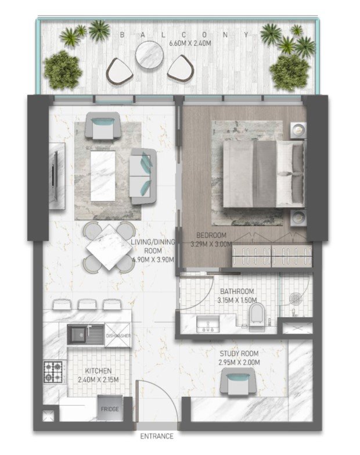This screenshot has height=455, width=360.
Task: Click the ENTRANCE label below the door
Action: [157, 436]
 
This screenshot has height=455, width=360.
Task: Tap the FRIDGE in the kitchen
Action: [110, 408]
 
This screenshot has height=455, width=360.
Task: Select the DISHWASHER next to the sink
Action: [118, 336]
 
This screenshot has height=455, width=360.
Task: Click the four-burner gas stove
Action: [53, 372]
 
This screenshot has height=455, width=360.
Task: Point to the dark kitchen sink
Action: [86, 335]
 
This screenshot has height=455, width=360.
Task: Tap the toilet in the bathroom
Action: [257, 317]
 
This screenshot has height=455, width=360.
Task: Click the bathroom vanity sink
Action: [208, 324]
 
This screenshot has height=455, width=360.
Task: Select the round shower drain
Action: [296, 299]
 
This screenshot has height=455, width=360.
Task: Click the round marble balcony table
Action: [149, 55]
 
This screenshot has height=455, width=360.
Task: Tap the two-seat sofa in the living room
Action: [143, 176]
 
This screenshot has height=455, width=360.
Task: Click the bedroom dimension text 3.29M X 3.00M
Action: [211, 244]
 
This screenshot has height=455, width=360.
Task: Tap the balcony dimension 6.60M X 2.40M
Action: [190, 44]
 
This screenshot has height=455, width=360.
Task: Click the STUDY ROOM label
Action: [239, 353]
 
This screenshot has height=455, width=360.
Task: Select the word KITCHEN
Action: [98, 371]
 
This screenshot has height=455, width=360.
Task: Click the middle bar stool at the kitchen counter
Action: [87, 304]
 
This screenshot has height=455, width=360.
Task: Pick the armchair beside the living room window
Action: [103, 126]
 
